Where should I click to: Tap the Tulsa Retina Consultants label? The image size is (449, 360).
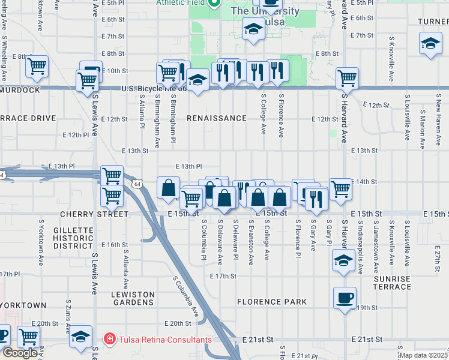click(164, 340)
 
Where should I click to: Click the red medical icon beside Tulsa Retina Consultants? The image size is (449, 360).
click(109, 340)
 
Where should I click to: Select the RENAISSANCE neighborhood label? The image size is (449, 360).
click(216, 118)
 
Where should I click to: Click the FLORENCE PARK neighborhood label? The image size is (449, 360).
click(271, 302)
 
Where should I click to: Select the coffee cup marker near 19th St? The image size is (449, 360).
click(345, 297)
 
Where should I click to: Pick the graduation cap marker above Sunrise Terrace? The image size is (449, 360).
click(343, 260)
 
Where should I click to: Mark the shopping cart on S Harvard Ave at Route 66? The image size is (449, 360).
click(347, 77)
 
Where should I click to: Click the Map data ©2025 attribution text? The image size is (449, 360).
click(424, 355)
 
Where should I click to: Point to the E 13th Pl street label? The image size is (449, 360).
click(188, 166)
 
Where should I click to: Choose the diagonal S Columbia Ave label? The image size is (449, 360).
click(185, 297)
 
